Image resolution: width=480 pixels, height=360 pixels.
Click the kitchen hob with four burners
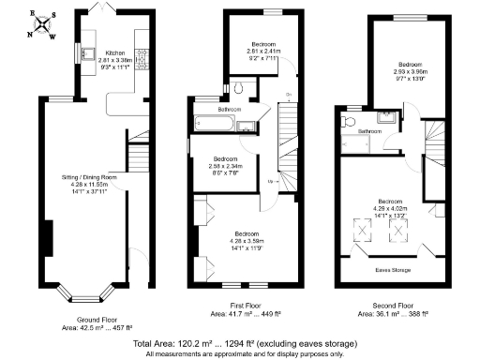142,57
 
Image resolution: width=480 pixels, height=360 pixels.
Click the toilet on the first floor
241,88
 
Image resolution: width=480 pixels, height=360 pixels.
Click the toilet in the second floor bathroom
348,121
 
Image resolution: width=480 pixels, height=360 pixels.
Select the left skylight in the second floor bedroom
360,228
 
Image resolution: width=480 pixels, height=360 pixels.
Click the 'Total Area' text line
239,344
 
